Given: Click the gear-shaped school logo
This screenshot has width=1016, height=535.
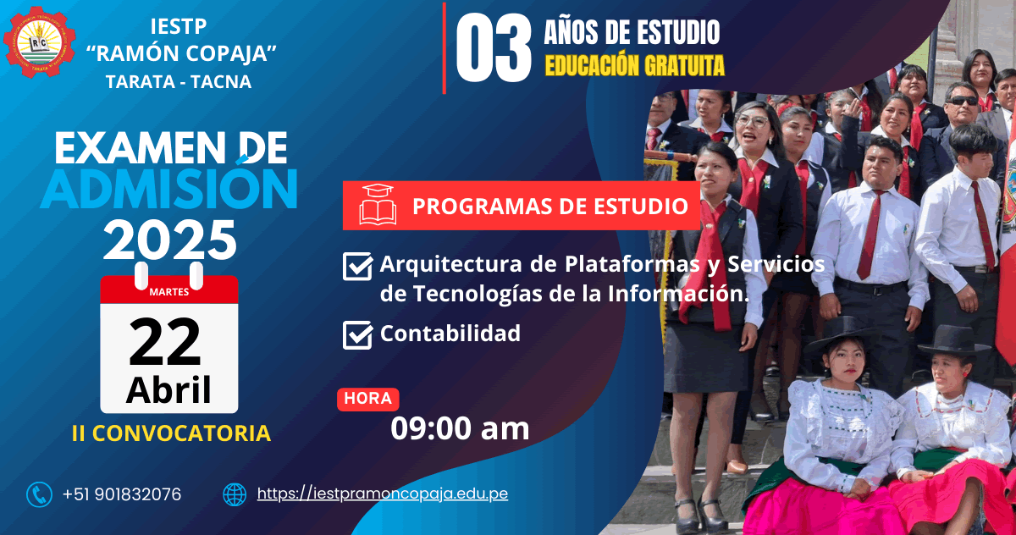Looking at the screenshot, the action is [40, 41].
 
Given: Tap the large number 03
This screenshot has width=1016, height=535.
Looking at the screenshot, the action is [494, 47].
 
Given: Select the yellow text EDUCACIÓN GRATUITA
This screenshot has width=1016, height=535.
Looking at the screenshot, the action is [634, 66].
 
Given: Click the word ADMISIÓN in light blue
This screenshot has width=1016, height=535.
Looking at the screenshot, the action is [169, 189].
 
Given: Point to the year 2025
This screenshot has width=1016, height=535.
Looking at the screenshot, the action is [170, 240].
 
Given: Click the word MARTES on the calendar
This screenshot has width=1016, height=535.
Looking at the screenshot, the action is [169, 292].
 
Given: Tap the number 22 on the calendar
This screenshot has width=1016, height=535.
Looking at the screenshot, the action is [164, 342].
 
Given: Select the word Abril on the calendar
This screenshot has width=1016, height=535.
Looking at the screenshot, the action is [168, 390].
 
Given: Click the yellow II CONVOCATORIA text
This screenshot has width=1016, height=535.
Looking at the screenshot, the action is [171, 433].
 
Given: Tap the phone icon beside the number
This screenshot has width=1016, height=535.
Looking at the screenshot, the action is [40, 494].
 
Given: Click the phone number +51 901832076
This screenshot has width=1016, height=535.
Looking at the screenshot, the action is [122, 494].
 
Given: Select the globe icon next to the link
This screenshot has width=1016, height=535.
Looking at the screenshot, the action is [235, 494].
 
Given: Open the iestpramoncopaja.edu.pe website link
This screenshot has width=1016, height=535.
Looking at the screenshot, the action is [383, 494].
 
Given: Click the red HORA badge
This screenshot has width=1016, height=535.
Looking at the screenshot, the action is [367, 399].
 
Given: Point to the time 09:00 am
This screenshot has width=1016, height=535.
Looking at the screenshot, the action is [460, 428].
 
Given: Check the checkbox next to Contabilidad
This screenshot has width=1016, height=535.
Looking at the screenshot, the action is [358, 335].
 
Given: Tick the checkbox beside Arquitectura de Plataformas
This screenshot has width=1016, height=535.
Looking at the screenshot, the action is [358, 266].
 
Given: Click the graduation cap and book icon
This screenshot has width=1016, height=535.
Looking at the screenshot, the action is [378, 205].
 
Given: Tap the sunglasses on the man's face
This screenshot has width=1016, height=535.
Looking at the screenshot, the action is [963, 101].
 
